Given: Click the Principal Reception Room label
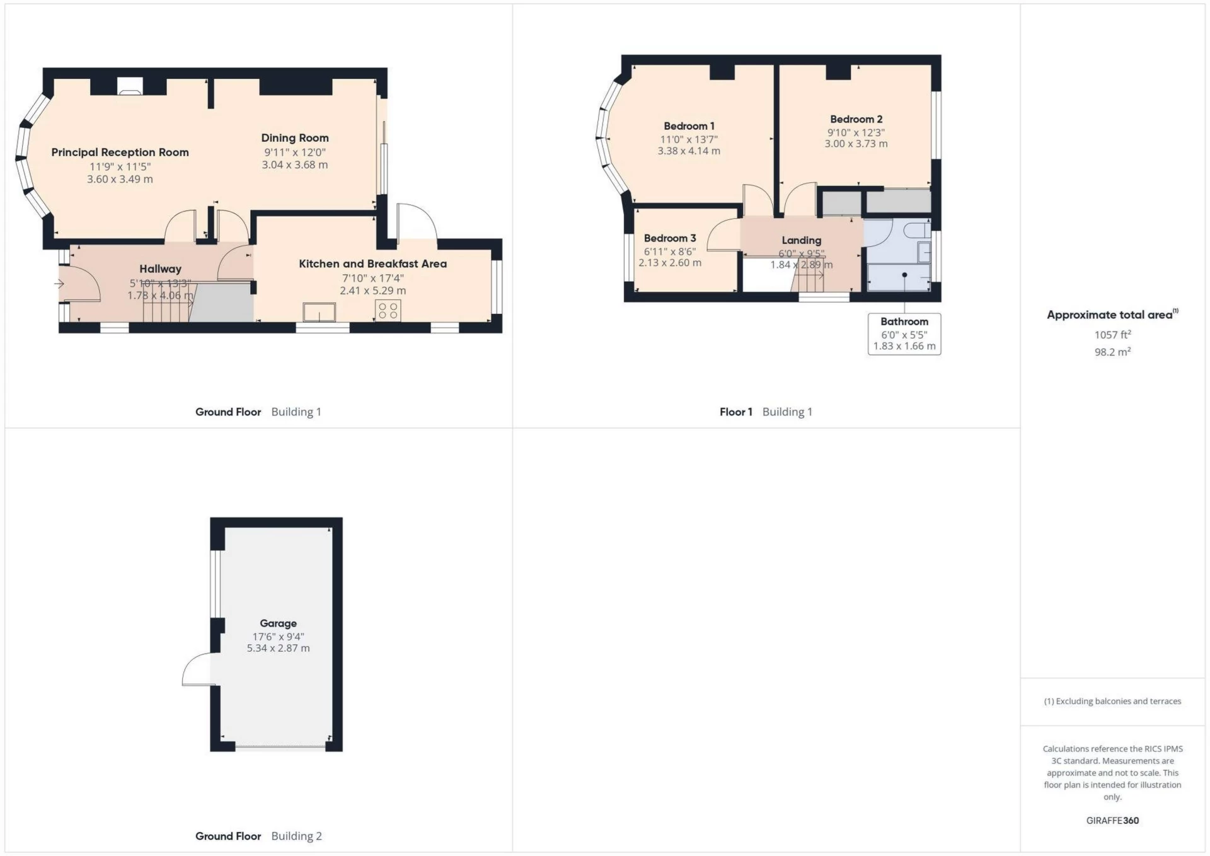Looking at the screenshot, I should [x=120, y=153].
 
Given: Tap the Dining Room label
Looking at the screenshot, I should [x=295, y=138].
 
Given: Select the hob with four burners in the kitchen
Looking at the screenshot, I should [x=388, y=310].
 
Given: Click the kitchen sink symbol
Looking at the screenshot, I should [x=319, y=312].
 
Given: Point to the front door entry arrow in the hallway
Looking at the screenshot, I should [x=59, y=284].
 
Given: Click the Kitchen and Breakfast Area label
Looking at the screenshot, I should [x=372, y=264].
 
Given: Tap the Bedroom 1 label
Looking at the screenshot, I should [x=689, y=126].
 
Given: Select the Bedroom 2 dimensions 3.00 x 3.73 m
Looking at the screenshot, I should [x=856, y=144].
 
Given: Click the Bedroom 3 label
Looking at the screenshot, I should [x=670, y=238].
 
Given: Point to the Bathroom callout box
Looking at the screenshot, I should [x=904, y=334].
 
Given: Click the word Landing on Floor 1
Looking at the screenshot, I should [x=801, y=240].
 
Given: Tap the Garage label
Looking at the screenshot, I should [x=278, y=623].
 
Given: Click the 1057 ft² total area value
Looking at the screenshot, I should [x=1112, y=335].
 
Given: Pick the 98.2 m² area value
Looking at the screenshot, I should [x=1112, y=352].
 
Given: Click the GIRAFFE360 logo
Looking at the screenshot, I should [x=1112, y=821].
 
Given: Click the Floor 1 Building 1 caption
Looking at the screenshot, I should [x=766, y=412].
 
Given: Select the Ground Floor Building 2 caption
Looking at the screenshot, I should [x=258, y=836].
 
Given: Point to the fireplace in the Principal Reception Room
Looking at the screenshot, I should [x=130, y=86].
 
